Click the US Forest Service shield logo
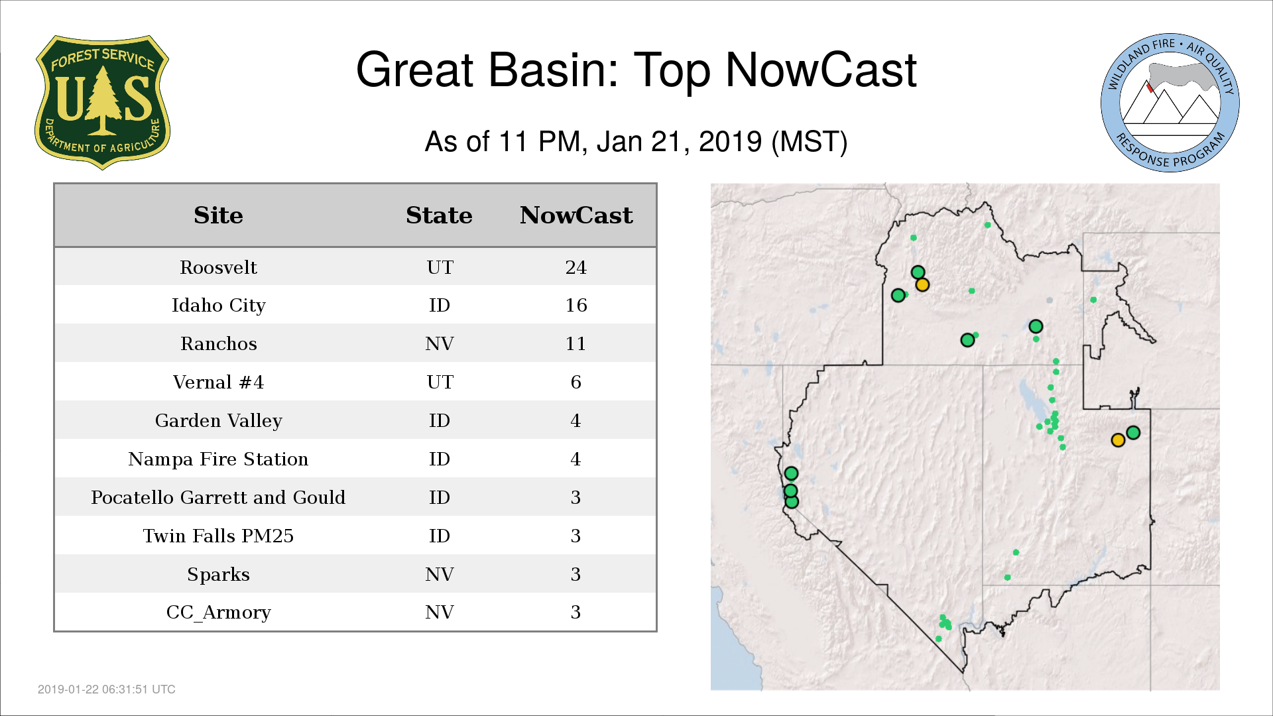pos(102,102)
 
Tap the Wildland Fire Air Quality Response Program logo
pos(1170,102)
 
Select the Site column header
pos(218,215)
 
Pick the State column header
pos(439,215)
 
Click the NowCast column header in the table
pos(576,215)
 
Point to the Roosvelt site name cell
pos(218,267)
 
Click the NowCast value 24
pos(576,267)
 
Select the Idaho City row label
pos(218,306)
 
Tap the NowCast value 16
pos(576,305)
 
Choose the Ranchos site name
pos(218,343)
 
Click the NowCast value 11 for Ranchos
pos(576,343)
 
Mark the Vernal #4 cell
pos(218,382)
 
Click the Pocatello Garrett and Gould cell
pos(218,497)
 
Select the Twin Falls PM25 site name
pos(218,536)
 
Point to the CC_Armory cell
pos(218,613)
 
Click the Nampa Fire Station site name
pos(218,459)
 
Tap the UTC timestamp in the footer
pos(107,689)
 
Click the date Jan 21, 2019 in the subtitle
pos(680,142)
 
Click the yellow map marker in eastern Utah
pos(1118,440)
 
